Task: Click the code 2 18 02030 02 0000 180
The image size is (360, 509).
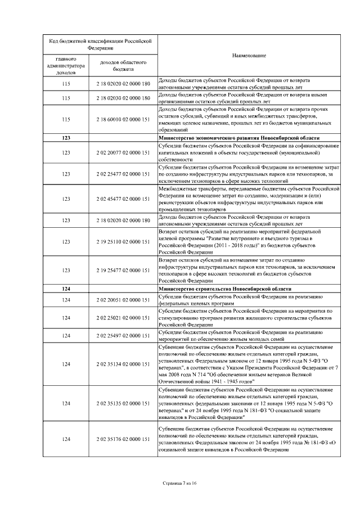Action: pos(123,98)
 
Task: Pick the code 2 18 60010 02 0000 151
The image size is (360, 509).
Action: pos(123,119)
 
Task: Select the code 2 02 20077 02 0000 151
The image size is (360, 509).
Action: pos(123,152)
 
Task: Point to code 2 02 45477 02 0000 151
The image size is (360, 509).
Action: pos(123,199)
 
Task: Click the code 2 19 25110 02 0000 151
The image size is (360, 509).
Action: pos(123,241)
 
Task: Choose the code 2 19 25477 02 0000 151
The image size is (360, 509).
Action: pos(123,271)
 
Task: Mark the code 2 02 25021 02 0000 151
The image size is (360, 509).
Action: pos(123,318)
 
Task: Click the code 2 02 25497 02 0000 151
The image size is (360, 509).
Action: pos(123,335)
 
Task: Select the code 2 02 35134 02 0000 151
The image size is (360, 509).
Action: pos(123,364)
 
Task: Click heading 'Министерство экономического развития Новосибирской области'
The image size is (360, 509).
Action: pos(240,138)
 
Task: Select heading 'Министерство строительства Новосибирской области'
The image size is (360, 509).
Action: pos(225,289)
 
